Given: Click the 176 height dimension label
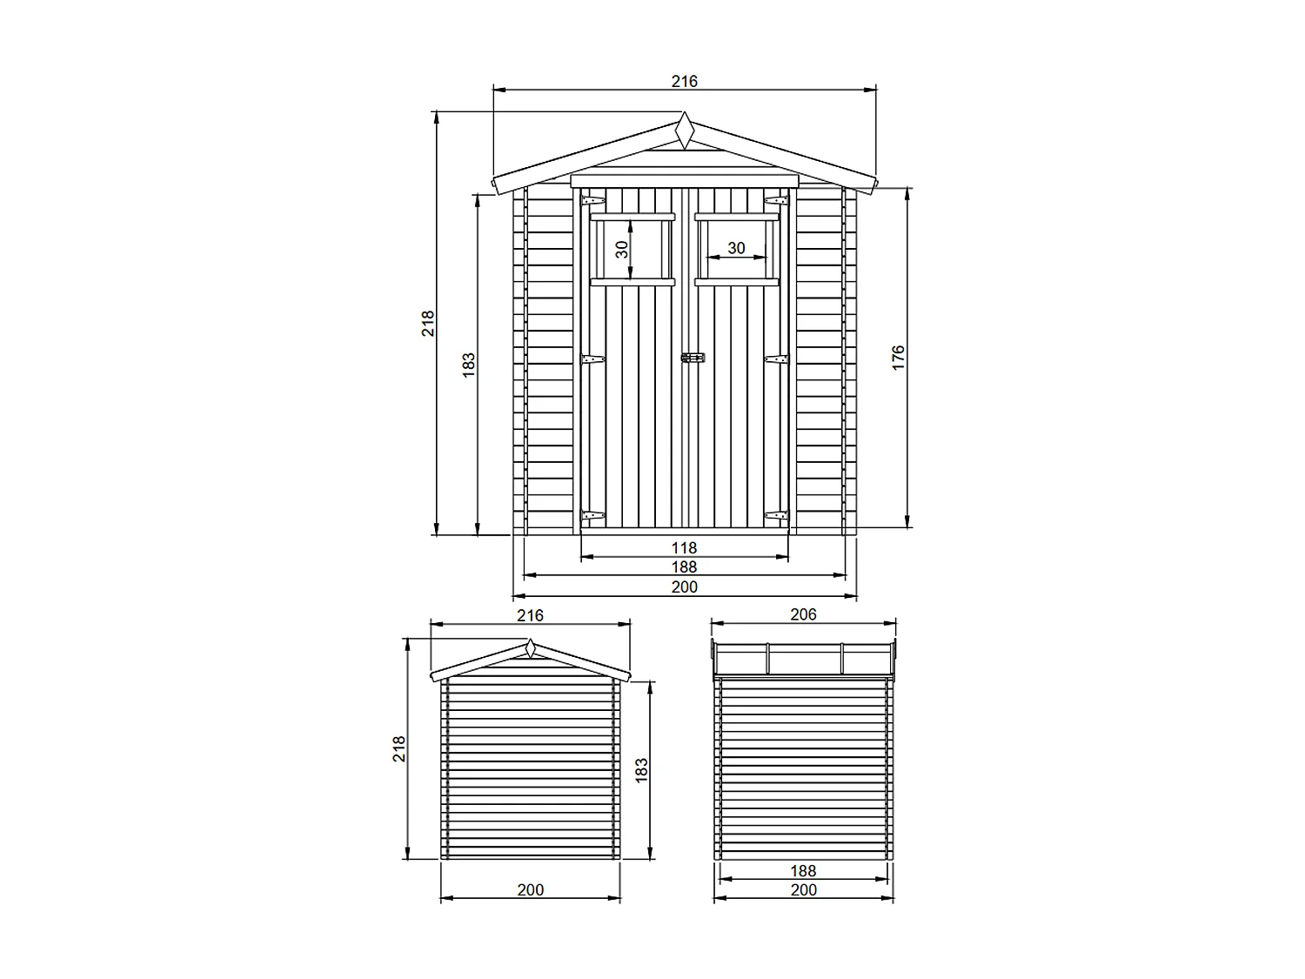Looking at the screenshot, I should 898,358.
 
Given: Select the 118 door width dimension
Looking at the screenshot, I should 684,547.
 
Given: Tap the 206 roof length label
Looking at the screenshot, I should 803,614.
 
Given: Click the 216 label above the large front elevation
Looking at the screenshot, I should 684,81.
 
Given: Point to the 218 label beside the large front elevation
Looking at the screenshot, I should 428,324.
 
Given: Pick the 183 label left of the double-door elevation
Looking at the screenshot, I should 469,365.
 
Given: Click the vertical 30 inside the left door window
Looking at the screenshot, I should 622,250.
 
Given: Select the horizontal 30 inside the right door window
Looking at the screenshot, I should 736,248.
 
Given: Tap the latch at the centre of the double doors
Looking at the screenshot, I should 693,358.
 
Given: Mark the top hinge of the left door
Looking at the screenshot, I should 593,201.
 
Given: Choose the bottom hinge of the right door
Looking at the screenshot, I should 776,516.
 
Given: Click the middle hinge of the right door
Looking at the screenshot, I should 776,359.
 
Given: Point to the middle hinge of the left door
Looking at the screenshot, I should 593,359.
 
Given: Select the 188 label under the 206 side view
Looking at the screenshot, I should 803,870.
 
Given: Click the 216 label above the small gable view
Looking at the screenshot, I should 530,615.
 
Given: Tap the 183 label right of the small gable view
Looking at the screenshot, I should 642,770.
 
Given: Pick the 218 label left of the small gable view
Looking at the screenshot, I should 399,748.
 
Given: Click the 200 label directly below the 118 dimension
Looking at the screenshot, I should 684,587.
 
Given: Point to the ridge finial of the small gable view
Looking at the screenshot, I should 530,648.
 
